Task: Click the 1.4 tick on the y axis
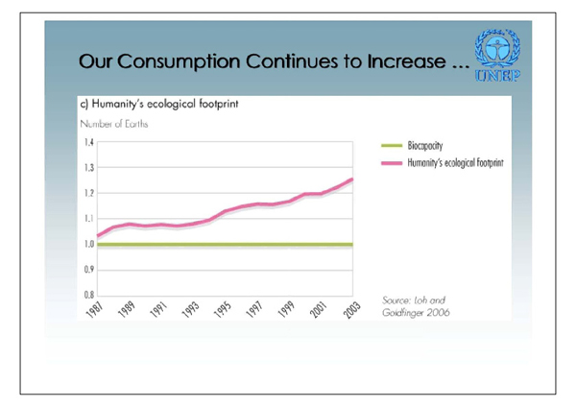(87, 143)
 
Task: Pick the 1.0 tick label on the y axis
(87, 245)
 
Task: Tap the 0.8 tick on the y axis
(87, 296)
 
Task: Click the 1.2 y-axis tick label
(87, 194)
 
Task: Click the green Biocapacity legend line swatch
(394, 147)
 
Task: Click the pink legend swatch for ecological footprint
(394, 163)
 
